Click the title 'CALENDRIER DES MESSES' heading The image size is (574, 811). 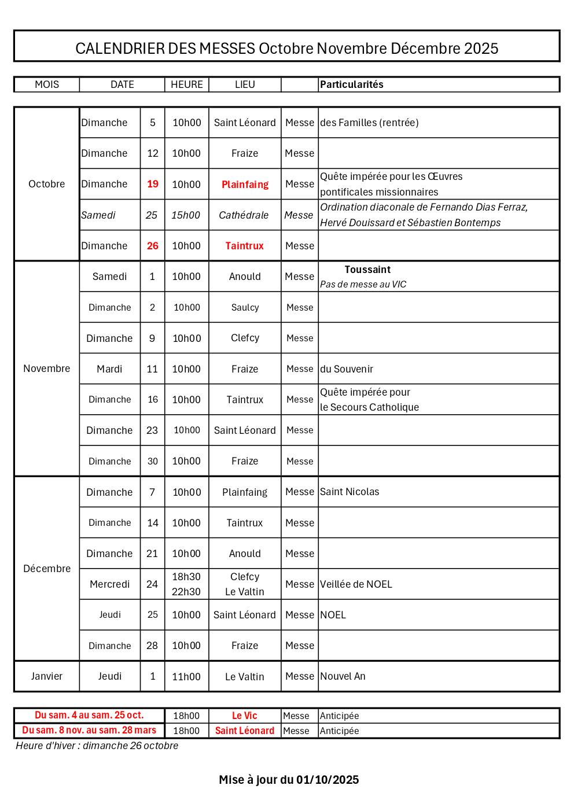[286, 48]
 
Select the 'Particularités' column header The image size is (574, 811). [352, 84]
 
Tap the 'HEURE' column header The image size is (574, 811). [186, 84]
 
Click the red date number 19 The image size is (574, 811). [153, 184]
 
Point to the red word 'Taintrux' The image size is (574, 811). [244, 246]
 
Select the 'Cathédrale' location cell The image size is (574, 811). [244, 215]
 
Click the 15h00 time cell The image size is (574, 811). [186, 215]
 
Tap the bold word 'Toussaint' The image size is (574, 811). [367, 270]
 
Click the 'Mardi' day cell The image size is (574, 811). [109, 369]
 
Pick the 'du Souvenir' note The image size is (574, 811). [347, 369]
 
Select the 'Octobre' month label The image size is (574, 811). [46, 184]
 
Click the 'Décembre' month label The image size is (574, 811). [47, 569]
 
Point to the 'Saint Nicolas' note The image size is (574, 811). [349, 492]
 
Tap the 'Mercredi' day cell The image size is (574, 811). [109, 584]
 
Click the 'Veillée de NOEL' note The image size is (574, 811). [356, 584]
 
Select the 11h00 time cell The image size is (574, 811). [186, 677]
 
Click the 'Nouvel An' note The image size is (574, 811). [343, 676]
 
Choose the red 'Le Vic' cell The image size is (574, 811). [244, 716]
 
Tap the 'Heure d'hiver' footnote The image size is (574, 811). [97, 746]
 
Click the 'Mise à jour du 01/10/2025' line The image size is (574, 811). [289, 780]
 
